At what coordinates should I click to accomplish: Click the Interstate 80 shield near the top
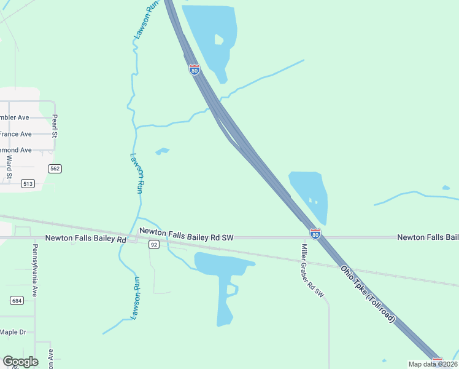coord(194,69)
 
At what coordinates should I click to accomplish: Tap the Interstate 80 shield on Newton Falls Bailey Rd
coord(315,234)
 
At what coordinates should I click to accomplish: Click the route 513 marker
coord(28,183)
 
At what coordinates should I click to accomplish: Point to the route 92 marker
coord(153,245)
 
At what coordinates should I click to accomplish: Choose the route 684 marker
coord(17,300)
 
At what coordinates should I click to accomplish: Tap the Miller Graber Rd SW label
coord(312,271)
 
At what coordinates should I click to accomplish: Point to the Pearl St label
coord(55,125)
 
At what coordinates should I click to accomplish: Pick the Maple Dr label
coord(13,332)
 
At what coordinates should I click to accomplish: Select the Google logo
coord(20,362)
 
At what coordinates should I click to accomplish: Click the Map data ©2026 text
coord(430,364)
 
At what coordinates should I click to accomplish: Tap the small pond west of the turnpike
coord(163,151)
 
